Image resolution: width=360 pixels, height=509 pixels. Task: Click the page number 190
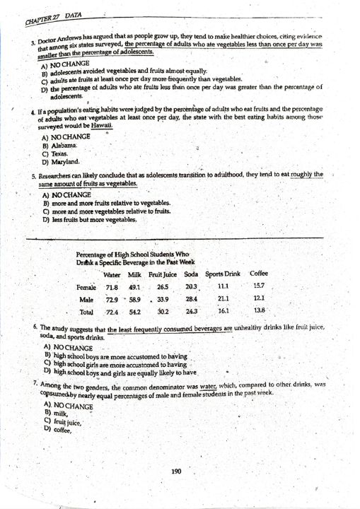[177, 472]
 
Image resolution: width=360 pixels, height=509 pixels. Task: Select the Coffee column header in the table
[259, 274]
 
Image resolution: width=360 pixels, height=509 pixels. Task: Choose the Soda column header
[191, 274]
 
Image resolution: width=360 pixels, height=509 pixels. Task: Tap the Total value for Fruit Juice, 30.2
[163, 311]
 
